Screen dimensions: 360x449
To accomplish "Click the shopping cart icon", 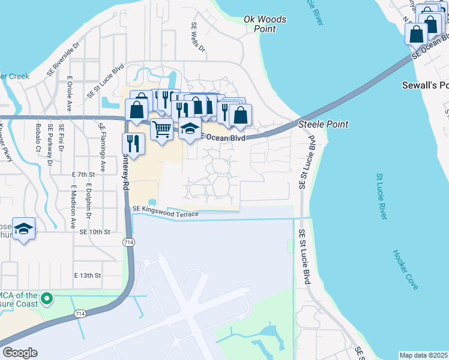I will click(161, 128).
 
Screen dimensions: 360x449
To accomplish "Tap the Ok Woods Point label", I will click(265, 24).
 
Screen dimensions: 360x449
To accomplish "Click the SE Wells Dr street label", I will click(197, 37).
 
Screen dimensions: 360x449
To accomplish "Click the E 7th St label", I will click(83, 174).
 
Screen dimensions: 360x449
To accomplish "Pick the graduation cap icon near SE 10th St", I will click(24, 229).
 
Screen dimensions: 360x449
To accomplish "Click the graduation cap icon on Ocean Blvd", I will click(190, 128).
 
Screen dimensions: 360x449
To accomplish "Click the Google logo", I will click(20, 352).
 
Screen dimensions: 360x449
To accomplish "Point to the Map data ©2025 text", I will click(423, 355).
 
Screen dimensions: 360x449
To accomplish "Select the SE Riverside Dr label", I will click(63, 59).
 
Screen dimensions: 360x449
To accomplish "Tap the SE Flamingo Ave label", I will click(103, 147).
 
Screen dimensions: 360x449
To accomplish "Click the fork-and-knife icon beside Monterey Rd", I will click(132, 143).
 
